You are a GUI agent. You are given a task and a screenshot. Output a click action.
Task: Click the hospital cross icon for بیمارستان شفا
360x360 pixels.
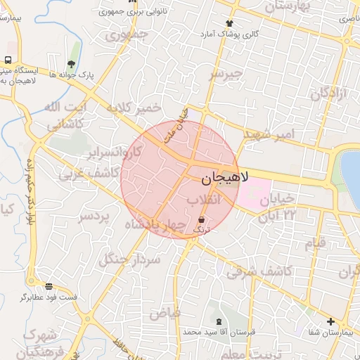[331, 322]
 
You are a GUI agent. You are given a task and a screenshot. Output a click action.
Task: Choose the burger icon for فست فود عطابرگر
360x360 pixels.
[49, 286]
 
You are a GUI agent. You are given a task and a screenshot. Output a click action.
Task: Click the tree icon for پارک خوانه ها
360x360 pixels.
[71, 64]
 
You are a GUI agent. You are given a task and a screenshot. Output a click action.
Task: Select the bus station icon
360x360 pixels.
[8, 60]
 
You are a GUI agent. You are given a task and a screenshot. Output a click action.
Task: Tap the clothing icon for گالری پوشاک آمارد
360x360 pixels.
[229, 23]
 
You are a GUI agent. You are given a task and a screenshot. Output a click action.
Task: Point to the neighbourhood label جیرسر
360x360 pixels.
[226, 73]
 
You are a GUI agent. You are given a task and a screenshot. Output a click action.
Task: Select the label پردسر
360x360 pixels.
[94, 216]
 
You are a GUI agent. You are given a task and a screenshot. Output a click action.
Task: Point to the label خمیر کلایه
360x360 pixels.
[134, 108]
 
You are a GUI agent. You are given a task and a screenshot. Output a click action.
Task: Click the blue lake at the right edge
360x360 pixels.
[351, 169]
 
